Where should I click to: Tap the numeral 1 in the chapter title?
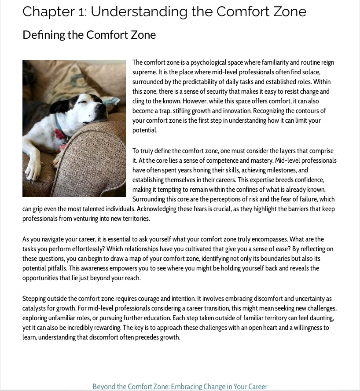[82, 11]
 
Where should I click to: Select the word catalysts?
[36, 308]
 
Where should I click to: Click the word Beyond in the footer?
[104, 387]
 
